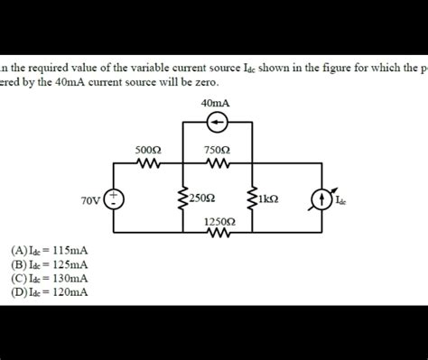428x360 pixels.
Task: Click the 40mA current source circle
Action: (x=217, y=122)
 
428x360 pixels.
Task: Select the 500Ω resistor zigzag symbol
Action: (x=148, y=164)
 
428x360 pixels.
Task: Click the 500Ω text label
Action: (x=148, y=150)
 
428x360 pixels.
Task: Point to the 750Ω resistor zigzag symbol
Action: (x=217, y=164)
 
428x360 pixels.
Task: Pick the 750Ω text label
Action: (x=217, y=150)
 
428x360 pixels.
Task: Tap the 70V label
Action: (x=90, y=199)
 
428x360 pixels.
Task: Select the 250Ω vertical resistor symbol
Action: (x=183, y=198)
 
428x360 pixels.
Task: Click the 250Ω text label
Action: (x=201, y=198)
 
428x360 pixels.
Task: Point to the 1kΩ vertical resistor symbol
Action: (x=251, y=198)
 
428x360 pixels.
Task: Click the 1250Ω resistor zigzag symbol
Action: (x=218, y=233)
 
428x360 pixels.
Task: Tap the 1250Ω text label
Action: (x=218, y=219)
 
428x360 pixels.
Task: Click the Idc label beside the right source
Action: (x=340, y=201)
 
